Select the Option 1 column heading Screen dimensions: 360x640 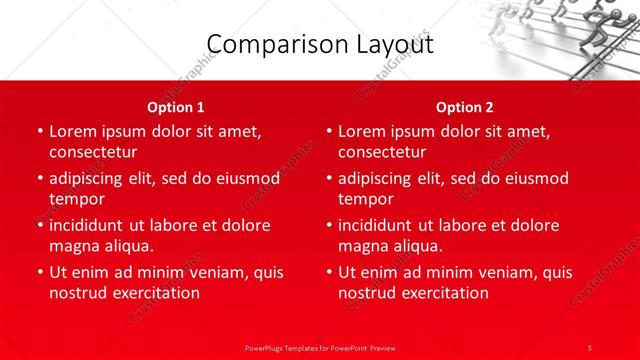click(176, 107)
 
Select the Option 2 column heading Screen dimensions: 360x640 click(465, 107)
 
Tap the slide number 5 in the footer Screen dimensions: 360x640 click(590, 346)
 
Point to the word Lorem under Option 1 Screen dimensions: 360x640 click(72, 131)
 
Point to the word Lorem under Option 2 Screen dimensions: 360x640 click(361, 131)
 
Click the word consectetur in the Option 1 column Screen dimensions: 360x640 click(93, 152)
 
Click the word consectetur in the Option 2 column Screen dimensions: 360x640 click(382, 152)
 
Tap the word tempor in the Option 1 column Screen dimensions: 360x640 click(76, 199)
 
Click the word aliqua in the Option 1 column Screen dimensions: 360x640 click(128, 246)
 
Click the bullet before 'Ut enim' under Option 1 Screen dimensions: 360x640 click(39, 272)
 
